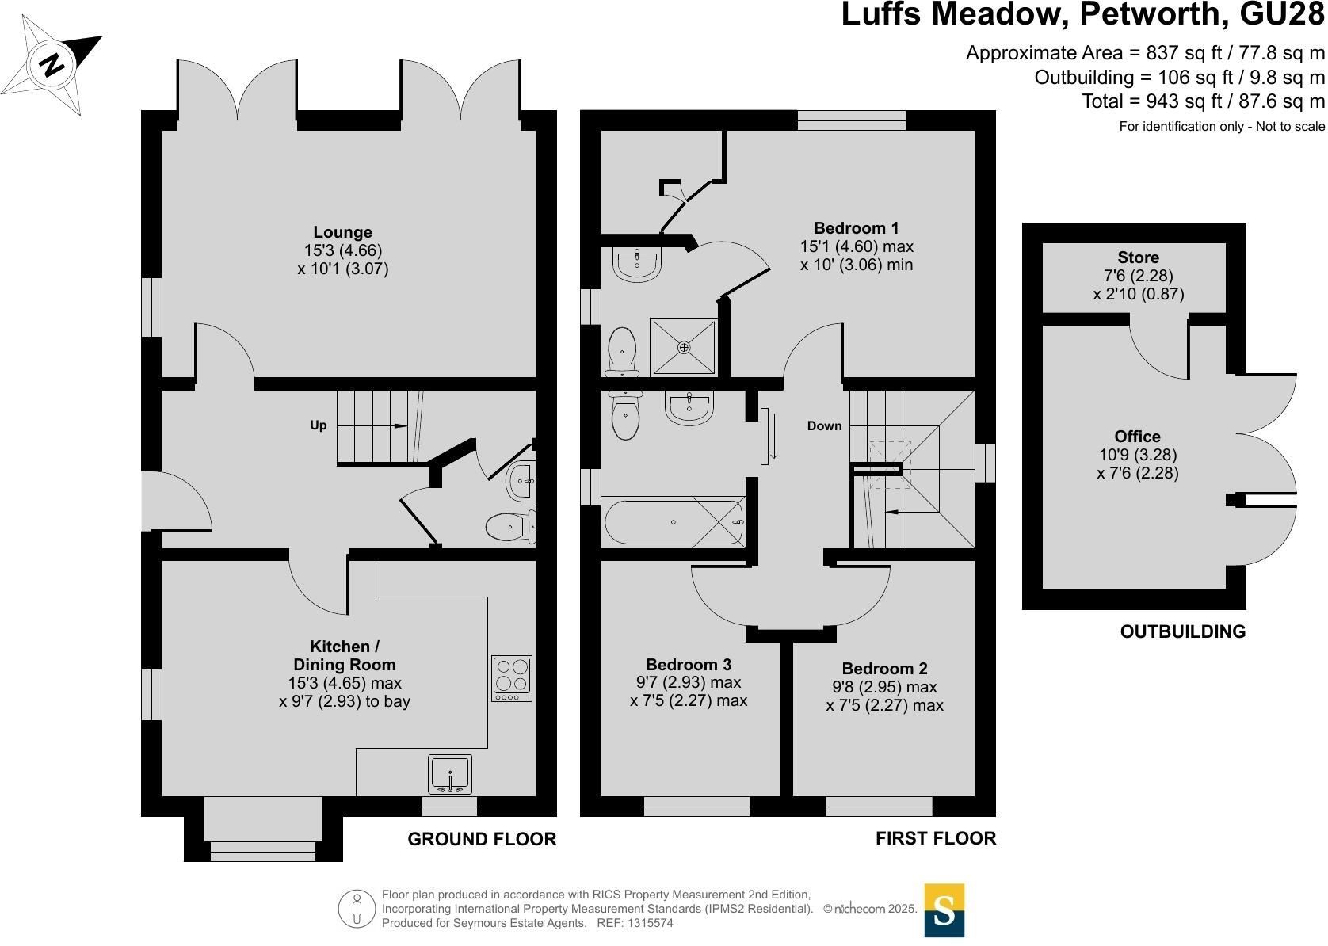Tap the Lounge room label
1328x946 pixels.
pos(342,232)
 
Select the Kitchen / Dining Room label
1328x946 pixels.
pos(345,655)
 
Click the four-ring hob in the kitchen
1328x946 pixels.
pos(512,679)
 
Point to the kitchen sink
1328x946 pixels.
pos(450,774)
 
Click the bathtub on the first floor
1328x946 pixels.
pos(674,522)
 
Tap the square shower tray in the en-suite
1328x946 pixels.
pos(684,347)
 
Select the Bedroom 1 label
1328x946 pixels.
pos(856,227)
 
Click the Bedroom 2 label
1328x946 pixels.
pos(884,669)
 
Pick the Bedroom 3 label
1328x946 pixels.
pos(689,665)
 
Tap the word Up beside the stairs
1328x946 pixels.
pos(319,425)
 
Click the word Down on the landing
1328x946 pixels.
pos(824,425)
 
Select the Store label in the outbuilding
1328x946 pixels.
pos(1139,257)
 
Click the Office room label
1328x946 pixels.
pos(1137,437)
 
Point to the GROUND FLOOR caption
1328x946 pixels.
pos(482,839)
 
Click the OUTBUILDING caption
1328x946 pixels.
pos(1183,631)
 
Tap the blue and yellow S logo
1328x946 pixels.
pos(944,910)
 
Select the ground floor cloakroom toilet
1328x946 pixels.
pos(509,527)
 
